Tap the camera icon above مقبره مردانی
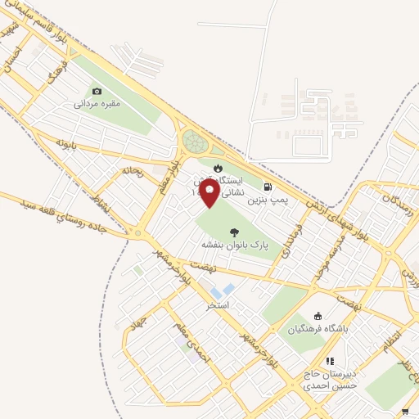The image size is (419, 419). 97,92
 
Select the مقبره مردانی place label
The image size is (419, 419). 97,104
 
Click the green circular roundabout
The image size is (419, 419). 196,143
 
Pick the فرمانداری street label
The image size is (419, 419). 292,241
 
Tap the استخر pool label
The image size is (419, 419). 218,304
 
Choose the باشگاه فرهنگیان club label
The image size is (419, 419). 318,329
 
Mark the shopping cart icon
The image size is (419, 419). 406,411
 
